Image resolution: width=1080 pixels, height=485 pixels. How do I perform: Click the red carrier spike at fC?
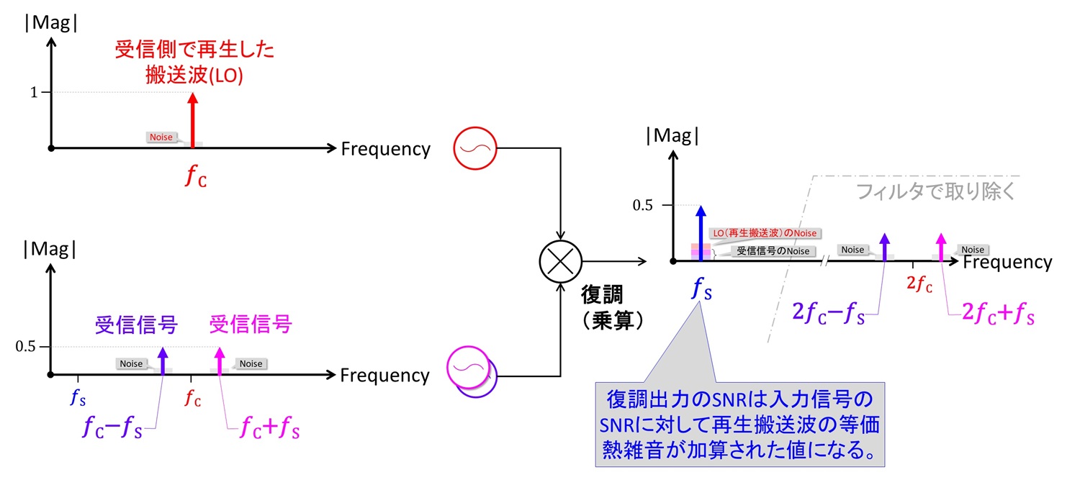(x=192, y=119)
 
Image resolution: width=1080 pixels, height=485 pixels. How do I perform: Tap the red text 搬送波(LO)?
(x=194, y=76)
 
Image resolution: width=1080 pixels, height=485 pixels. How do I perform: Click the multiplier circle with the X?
(x=560, y=261)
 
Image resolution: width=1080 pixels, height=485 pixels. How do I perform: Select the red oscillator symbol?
(x=474, y=148)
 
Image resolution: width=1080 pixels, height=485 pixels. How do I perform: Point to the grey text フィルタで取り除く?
(x=935, y=193)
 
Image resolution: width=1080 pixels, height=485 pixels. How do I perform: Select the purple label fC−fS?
(x=112, y=427)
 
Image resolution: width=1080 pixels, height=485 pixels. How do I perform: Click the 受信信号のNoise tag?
(x=773, y=251)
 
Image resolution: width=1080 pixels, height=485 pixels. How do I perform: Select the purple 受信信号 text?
(x=136, y=325)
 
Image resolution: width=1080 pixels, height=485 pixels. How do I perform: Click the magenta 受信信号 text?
(x=250, y=325)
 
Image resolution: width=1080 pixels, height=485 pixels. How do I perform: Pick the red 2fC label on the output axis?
(x=919, y=284)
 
